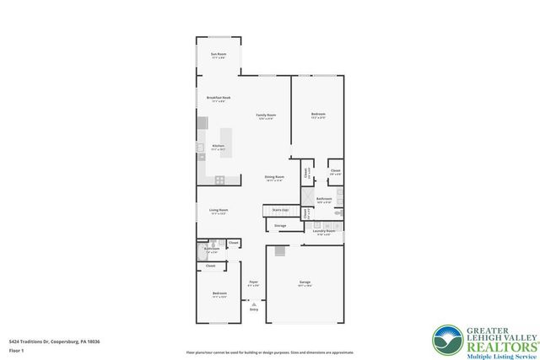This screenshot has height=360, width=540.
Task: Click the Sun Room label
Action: pyautogui.click(x=218, y=55)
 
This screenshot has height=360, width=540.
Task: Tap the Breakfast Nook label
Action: pyautogui.click(x=219, y=99)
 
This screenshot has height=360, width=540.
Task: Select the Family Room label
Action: pyautogui.click(x=267, y=116)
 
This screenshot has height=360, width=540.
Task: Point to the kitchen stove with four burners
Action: pyautogui.click(x=219, y=180)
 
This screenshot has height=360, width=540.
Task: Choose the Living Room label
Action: pyautogui.click(x=219, y=211)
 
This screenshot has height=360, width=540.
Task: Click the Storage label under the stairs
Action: pyautogui.click(x=280, y=225)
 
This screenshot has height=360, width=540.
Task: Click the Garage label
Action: pyautogui.click(x=305, y=282)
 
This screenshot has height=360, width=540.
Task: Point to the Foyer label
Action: pyautogui.click(x=253, y=283)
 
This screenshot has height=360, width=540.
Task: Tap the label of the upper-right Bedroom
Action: pyautogui.click(x=318, y=115)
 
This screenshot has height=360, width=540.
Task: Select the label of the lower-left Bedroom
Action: pyautogui.click(x=219, y=294)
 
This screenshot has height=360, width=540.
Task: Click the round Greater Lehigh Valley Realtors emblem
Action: pyautogui.click(x=446, y=341)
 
